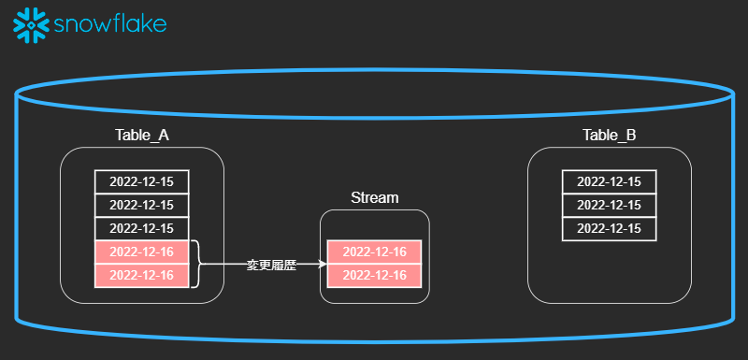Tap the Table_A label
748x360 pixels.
coord(141,136)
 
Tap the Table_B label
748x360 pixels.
coord(609,136)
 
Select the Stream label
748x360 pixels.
coord(374,197)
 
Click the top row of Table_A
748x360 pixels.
coord(141,181)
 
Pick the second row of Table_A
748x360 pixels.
coord(141,205)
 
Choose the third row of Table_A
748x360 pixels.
coord(141,228)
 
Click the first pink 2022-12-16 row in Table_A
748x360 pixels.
coord(141,252)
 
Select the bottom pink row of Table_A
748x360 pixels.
coord(141,275)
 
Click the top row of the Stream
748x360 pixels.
coord(374,252)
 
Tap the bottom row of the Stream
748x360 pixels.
coord(374,275)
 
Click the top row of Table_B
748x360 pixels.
coord(609,181)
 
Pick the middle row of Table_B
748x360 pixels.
coord(609,205)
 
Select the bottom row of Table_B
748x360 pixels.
coord(609,228)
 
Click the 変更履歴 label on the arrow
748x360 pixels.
coord(270,265)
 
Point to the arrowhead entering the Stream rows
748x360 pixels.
coord(322,264)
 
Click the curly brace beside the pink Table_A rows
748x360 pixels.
coord(196,264)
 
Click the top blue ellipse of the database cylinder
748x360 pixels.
coord(374,70)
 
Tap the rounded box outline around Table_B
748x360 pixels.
coord(691,224)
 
